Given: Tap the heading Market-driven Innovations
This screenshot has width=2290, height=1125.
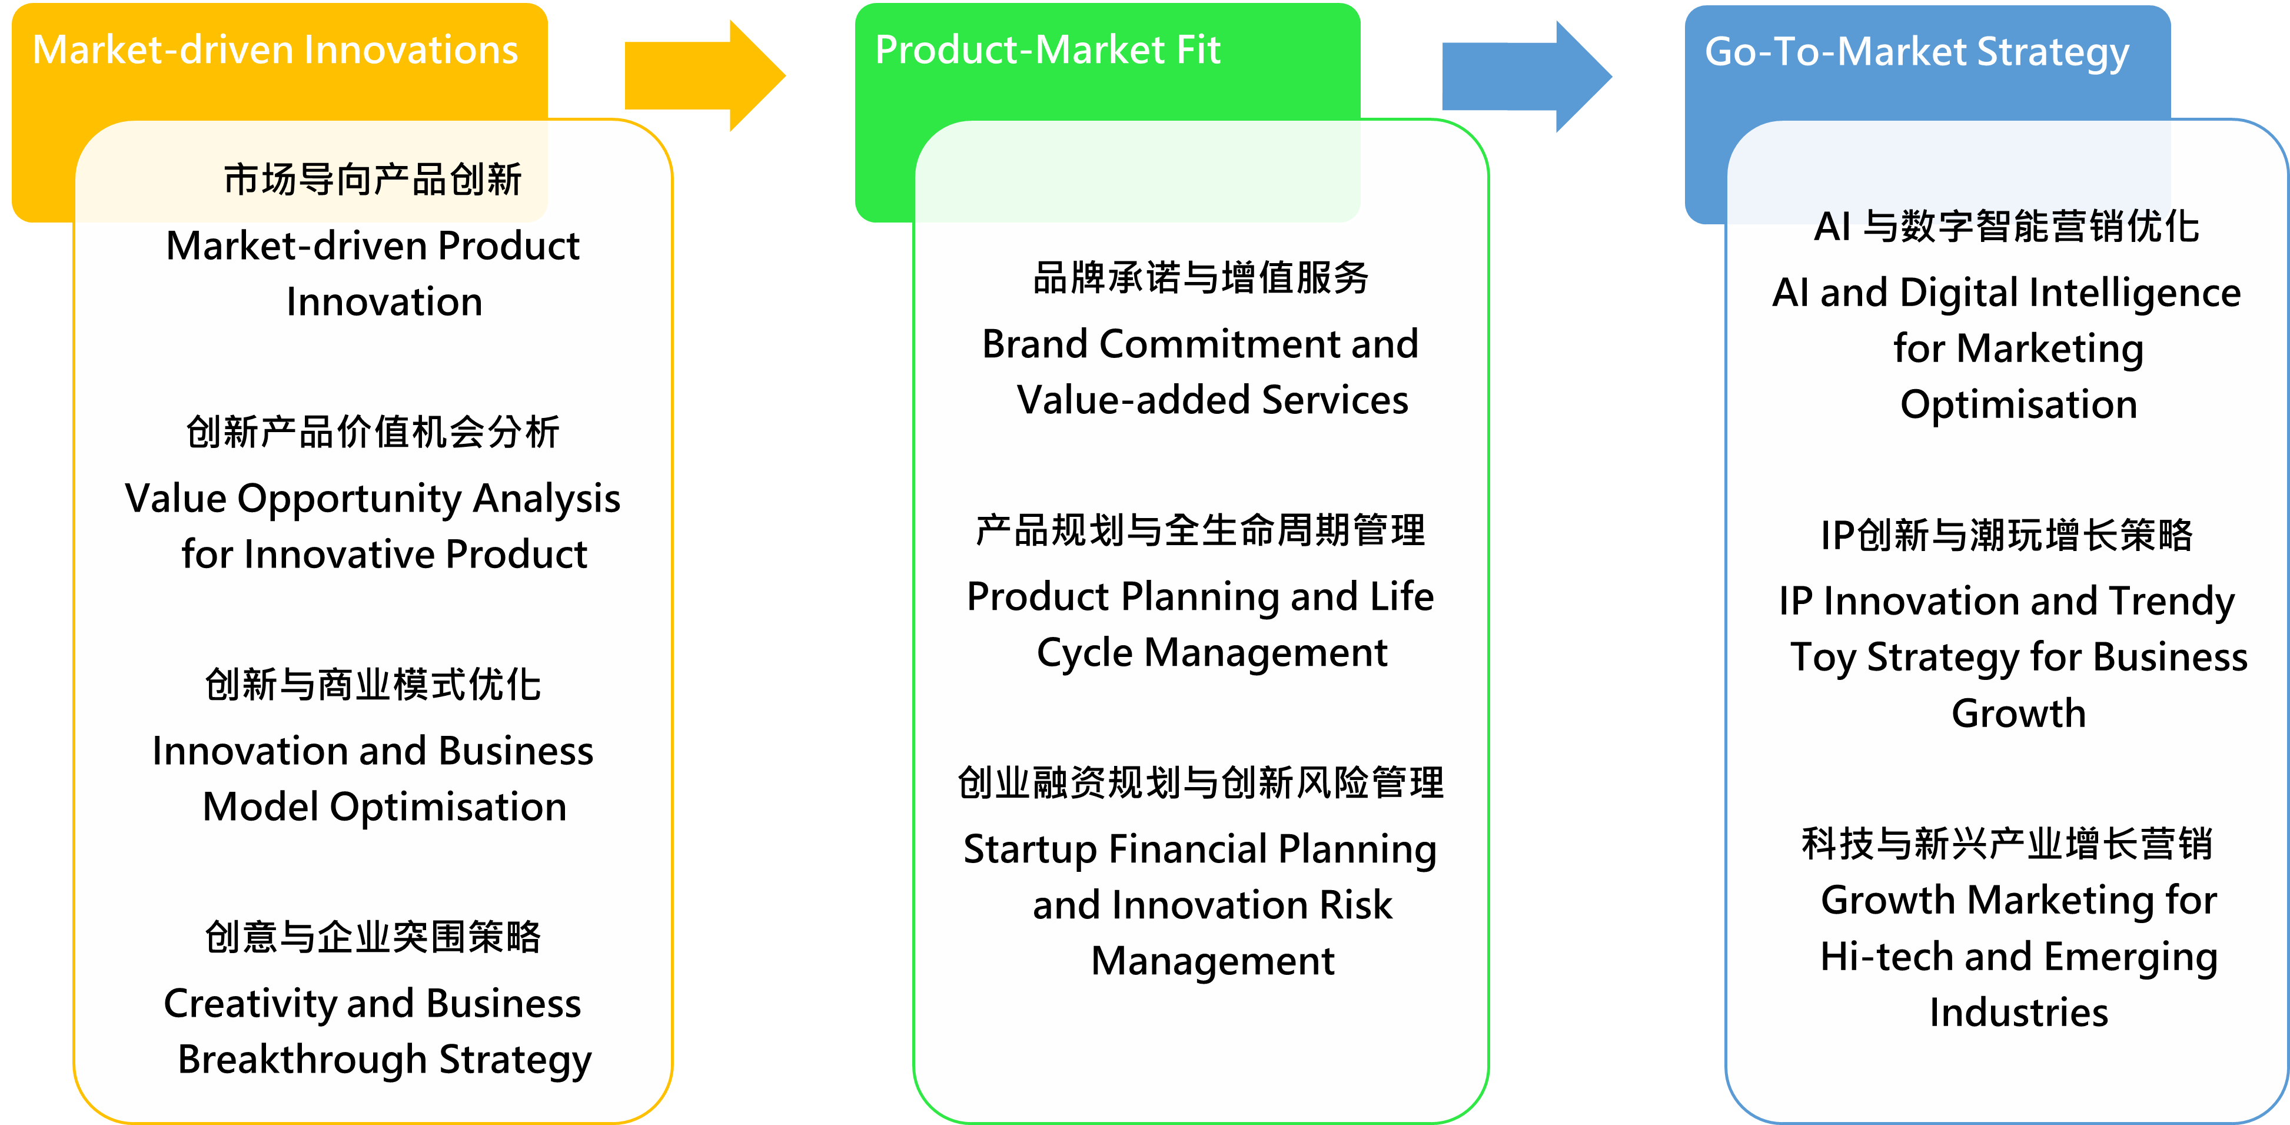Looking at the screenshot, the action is [275, 50].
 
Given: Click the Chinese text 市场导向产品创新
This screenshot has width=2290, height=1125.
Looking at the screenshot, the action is [373, 180].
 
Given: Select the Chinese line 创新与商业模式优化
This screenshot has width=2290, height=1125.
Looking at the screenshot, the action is [373, 685].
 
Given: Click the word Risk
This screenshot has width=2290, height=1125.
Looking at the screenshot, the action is [1355, 905].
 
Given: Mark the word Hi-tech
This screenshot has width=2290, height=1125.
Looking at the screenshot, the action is [1886, 957].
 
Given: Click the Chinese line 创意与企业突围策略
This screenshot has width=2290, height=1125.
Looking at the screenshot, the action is [373, 937].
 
